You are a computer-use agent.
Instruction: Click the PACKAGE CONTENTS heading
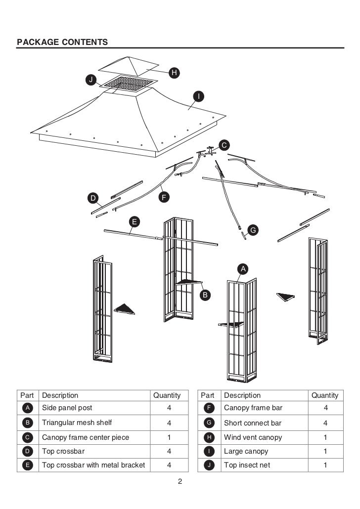[62, 42]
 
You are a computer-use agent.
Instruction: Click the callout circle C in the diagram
[224, 145]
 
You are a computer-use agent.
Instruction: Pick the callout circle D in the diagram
[92, 199]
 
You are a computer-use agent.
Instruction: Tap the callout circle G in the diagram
[252, 230]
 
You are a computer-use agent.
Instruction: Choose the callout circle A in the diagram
[242, 268]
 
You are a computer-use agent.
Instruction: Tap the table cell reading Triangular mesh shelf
[77, 423]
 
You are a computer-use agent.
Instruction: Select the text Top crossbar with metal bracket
[93, 465]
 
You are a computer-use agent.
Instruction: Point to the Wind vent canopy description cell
[253, 437]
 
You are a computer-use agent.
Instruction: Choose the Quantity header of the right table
[324, 395]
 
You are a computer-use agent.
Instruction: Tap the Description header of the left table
[60, 395]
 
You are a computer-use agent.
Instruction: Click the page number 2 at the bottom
[180, 482]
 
